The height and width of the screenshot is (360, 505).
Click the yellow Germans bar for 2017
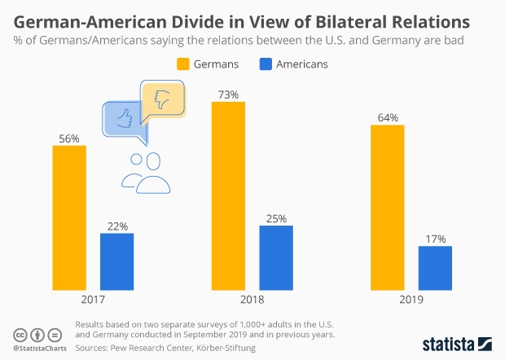pos(69,218)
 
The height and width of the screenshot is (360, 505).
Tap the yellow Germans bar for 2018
pos(228,196)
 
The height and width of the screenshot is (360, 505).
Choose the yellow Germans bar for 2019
pos(387,208)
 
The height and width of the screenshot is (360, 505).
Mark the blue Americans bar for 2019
pos(435,269)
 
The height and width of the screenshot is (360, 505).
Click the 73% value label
pos(228,95)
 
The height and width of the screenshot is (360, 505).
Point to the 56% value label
pos(69,138)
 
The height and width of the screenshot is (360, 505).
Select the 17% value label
pos(435,239)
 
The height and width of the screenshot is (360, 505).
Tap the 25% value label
pos(275,219)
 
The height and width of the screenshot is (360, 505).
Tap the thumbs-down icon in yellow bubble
pos(161,99)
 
